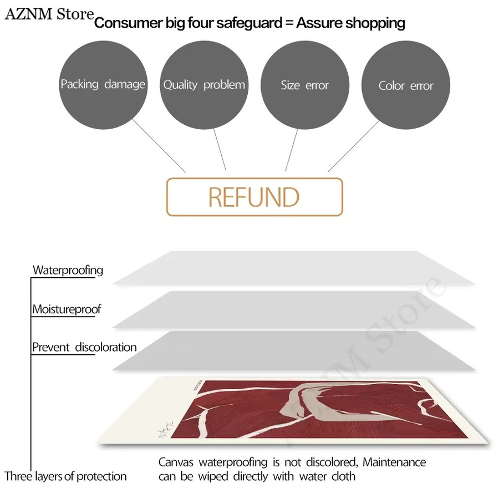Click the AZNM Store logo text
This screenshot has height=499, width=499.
click(x=49, y=14)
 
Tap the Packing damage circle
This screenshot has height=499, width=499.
click(x=103, y=85)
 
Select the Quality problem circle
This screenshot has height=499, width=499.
click(x=204, y=85)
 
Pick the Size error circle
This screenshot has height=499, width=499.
click(x=305, y=85)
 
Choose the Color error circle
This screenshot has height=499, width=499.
click(x=406, y=85)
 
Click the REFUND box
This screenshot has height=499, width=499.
click(x=254, y=197)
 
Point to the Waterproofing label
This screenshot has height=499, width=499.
click(x=68, y=270)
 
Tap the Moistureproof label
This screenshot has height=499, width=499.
click(x=67, y=309)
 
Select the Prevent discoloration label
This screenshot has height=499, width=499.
click(x=84, y=347)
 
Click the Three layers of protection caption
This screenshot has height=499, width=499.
click(x=65, y=476)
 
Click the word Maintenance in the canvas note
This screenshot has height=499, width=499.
click(x=394, y=462)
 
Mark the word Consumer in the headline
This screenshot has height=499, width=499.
click(x=128, y=23)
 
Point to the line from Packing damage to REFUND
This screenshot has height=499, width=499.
click(x=159, y=146)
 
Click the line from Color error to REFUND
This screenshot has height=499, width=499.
click(x=354, y=146)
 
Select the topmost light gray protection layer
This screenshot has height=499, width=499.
click(x=294, y=268)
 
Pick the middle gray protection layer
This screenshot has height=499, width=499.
click(x=294, y=309)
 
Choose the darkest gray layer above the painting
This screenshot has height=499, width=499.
click(x=294, y=351)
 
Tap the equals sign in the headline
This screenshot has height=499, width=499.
click(x=289, y=23)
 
